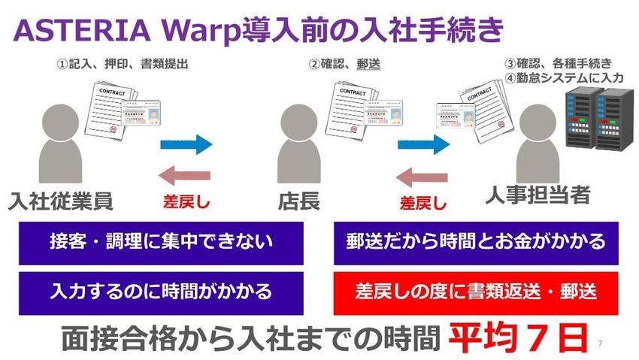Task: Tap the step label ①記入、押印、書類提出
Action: click(x=122, y=65)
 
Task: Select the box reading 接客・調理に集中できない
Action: click(x=161, y=242)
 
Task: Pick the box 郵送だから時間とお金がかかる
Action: click(x=476, y=242)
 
